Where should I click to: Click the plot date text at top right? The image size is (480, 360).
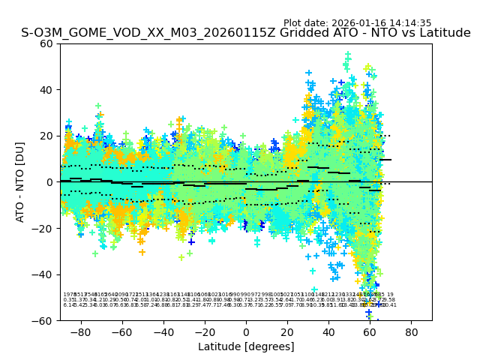tap(357, 23)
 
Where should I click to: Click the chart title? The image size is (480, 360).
tap(246, 34)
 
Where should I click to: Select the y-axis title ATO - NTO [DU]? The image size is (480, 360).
tap(20, 181)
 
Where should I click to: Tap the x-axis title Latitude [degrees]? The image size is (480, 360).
tap(246, 346)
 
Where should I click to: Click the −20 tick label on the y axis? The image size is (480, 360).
tap(45, 229)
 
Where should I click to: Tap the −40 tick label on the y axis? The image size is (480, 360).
tap(45, 274)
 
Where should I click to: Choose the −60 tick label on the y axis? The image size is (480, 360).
tap(45, 321)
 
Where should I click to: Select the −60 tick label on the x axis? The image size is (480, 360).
tap(121, 331)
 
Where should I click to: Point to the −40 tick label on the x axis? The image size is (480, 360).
tap(163, 331)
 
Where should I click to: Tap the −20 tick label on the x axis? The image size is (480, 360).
tap(204, 331)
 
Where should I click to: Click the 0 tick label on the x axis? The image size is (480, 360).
tap(246, 331)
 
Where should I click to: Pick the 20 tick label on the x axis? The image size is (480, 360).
tap(287, 331)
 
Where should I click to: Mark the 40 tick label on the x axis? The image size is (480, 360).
tap(328, 331)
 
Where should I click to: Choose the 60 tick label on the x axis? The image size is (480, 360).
tap(370, 331)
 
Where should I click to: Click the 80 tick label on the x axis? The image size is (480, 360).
tap(412, 331)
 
